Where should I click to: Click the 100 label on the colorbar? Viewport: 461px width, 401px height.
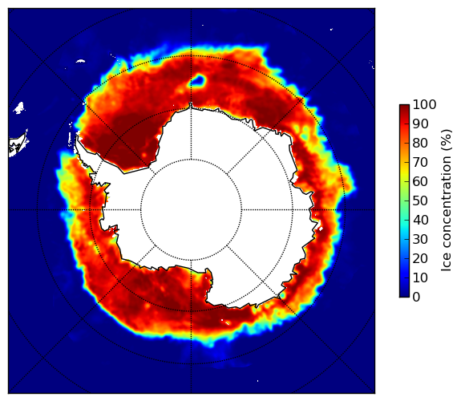point(424,104)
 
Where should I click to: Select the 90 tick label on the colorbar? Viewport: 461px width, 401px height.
point(420,124)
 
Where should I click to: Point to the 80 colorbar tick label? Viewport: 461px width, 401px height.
point(420,143)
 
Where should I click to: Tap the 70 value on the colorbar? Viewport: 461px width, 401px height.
point(420,162)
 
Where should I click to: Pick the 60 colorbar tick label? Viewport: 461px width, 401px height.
point(420,181)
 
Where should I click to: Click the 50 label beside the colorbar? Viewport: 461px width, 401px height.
point(420,200)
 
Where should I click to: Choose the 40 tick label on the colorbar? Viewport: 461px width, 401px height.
point(420,220)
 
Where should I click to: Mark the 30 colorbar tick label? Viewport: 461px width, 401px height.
point(420,239)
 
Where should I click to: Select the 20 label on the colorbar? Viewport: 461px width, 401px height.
point(420,258)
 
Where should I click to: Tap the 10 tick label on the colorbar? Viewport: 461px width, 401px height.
point(420,277)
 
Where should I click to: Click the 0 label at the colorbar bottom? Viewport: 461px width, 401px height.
point(417,297)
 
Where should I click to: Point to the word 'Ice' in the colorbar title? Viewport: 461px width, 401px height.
point(447,265)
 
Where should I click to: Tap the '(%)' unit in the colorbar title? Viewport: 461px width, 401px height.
point(447,140)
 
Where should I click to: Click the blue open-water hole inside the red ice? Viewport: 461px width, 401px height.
point(198,80)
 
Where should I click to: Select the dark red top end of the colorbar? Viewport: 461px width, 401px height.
point(404,107)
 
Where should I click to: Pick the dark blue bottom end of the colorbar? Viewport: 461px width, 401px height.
point(404,294)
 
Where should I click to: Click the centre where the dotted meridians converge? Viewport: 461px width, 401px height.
point(191,210)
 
